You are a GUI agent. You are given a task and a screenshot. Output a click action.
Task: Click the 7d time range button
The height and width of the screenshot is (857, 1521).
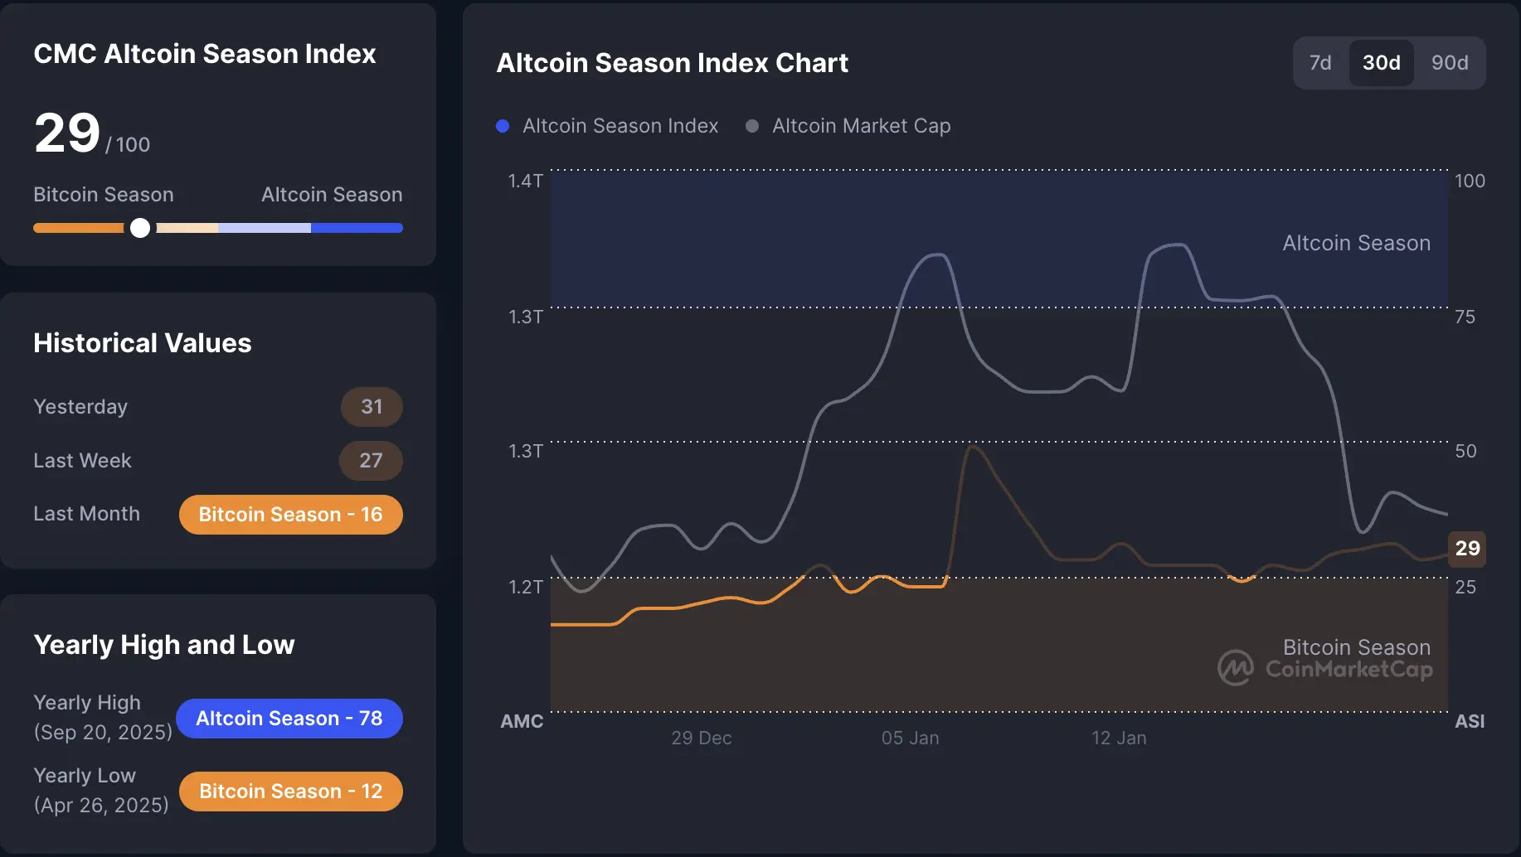[1319, 63]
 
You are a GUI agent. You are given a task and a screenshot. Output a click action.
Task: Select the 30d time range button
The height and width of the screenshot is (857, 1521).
[1381, 63]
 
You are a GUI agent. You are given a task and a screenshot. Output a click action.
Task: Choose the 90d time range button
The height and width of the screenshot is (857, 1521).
[1449, 63]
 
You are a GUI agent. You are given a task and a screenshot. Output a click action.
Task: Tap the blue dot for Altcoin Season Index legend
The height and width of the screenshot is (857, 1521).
[503, 126]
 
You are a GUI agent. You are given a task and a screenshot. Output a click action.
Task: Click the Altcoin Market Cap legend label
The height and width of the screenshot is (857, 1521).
[861, 126]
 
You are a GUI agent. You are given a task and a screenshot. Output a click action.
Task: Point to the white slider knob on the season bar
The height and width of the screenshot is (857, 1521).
[140, 228]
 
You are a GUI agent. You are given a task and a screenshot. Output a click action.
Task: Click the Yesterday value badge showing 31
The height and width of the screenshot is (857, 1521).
[372, 407]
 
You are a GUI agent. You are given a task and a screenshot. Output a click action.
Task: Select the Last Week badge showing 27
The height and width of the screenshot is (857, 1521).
[371, 461]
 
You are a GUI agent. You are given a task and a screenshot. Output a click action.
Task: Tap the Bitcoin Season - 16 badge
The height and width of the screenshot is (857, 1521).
[290, 515]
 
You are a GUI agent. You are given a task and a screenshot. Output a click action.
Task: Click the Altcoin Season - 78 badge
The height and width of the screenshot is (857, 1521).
[289, 719]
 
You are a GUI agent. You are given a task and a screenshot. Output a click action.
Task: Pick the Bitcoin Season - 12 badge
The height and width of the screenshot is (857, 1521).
[290, 792]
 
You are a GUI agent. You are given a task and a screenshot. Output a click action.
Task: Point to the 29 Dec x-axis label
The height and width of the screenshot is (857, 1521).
[701, 738]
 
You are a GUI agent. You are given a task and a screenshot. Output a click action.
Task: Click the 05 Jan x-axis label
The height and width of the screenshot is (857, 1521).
[910, 738]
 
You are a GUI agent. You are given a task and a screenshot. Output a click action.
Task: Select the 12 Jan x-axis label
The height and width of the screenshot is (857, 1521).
[1118, 738]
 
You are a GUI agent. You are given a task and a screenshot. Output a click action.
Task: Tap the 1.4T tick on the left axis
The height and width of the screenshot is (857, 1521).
[525, 181]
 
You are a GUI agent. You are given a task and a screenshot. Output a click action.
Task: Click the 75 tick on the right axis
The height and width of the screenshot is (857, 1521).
[1465, 317]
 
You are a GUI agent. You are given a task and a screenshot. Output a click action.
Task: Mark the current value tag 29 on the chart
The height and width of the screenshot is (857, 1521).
[1466, 548]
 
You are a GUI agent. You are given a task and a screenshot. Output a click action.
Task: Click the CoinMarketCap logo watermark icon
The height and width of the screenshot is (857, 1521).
[1235, 668]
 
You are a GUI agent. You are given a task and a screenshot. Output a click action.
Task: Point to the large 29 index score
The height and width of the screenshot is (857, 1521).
[67, 133]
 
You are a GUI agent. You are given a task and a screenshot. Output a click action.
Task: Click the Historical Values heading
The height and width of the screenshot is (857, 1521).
[142, 343]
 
